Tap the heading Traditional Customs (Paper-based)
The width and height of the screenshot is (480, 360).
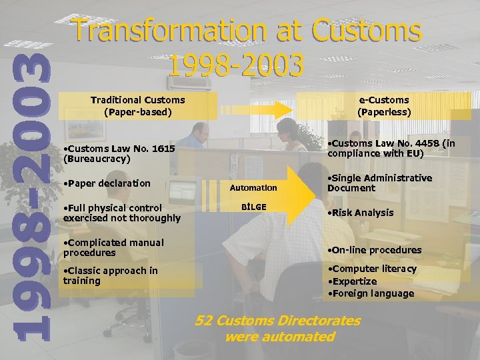point(137,106)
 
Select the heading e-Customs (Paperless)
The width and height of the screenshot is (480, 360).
point(384,106)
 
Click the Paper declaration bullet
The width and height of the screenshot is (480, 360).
point(106,183)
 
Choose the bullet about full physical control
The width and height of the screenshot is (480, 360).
point(121,213)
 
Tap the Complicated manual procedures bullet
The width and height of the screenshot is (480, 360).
point(113,247)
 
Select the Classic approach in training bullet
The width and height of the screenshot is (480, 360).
point(110,275)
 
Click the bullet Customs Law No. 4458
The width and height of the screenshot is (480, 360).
point(391,148)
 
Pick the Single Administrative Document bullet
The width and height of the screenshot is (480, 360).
point(379,183)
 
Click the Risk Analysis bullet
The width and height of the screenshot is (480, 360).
point(360,213)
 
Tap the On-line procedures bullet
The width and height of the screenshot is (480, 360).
point(374,250)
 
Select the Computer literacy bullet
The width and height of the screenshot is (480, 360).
point(371,269)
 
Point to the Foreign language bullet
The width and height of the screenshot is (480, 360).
point(370,293)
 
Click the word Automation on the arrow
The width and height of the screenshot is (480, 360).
point(253,188)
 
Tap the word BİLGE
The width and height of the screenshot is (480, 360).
point(253,207)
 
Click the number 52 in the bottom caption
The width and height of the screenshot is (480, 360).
point(205,321)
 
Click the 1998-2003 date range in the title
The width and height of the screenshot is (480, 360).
point(236,65)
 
